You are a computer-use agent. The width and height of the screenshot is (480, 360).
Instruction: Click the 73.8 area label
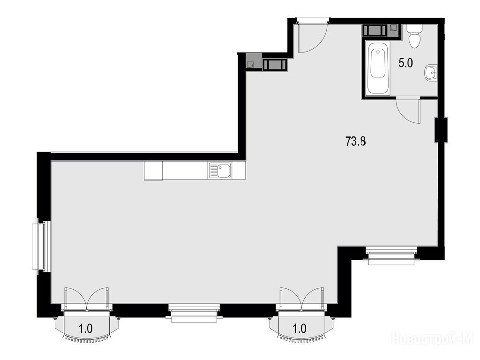tap(356, 142)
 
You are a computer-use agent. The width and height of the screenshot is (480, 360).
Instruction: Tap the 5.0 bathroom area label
tap(405, 63)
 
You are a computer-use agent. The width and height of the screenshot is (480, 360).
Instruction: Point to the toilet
tap(415, 36)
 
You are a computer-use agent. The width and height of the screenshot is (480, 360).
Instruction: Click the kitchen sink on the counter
tap(220, 171)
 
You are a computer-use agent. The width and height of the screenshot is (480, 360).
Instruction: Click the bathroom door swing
tap(408, 110)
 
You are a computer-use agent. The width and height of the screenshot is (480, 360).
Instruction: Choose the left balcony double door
tap(87, 299)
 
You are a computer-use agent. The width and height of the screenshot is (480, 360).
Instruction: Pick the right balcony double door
tap(301, 299)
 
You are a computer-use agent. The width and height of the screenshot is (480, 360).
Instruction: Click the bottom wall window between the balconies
tap(194, 313)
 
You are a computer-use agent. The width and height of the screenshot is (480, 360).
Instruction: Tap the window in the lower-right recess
tap(391, 255)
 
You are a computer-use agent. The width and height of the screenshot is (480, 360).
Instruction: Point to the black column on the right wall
tap(441, 130)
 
